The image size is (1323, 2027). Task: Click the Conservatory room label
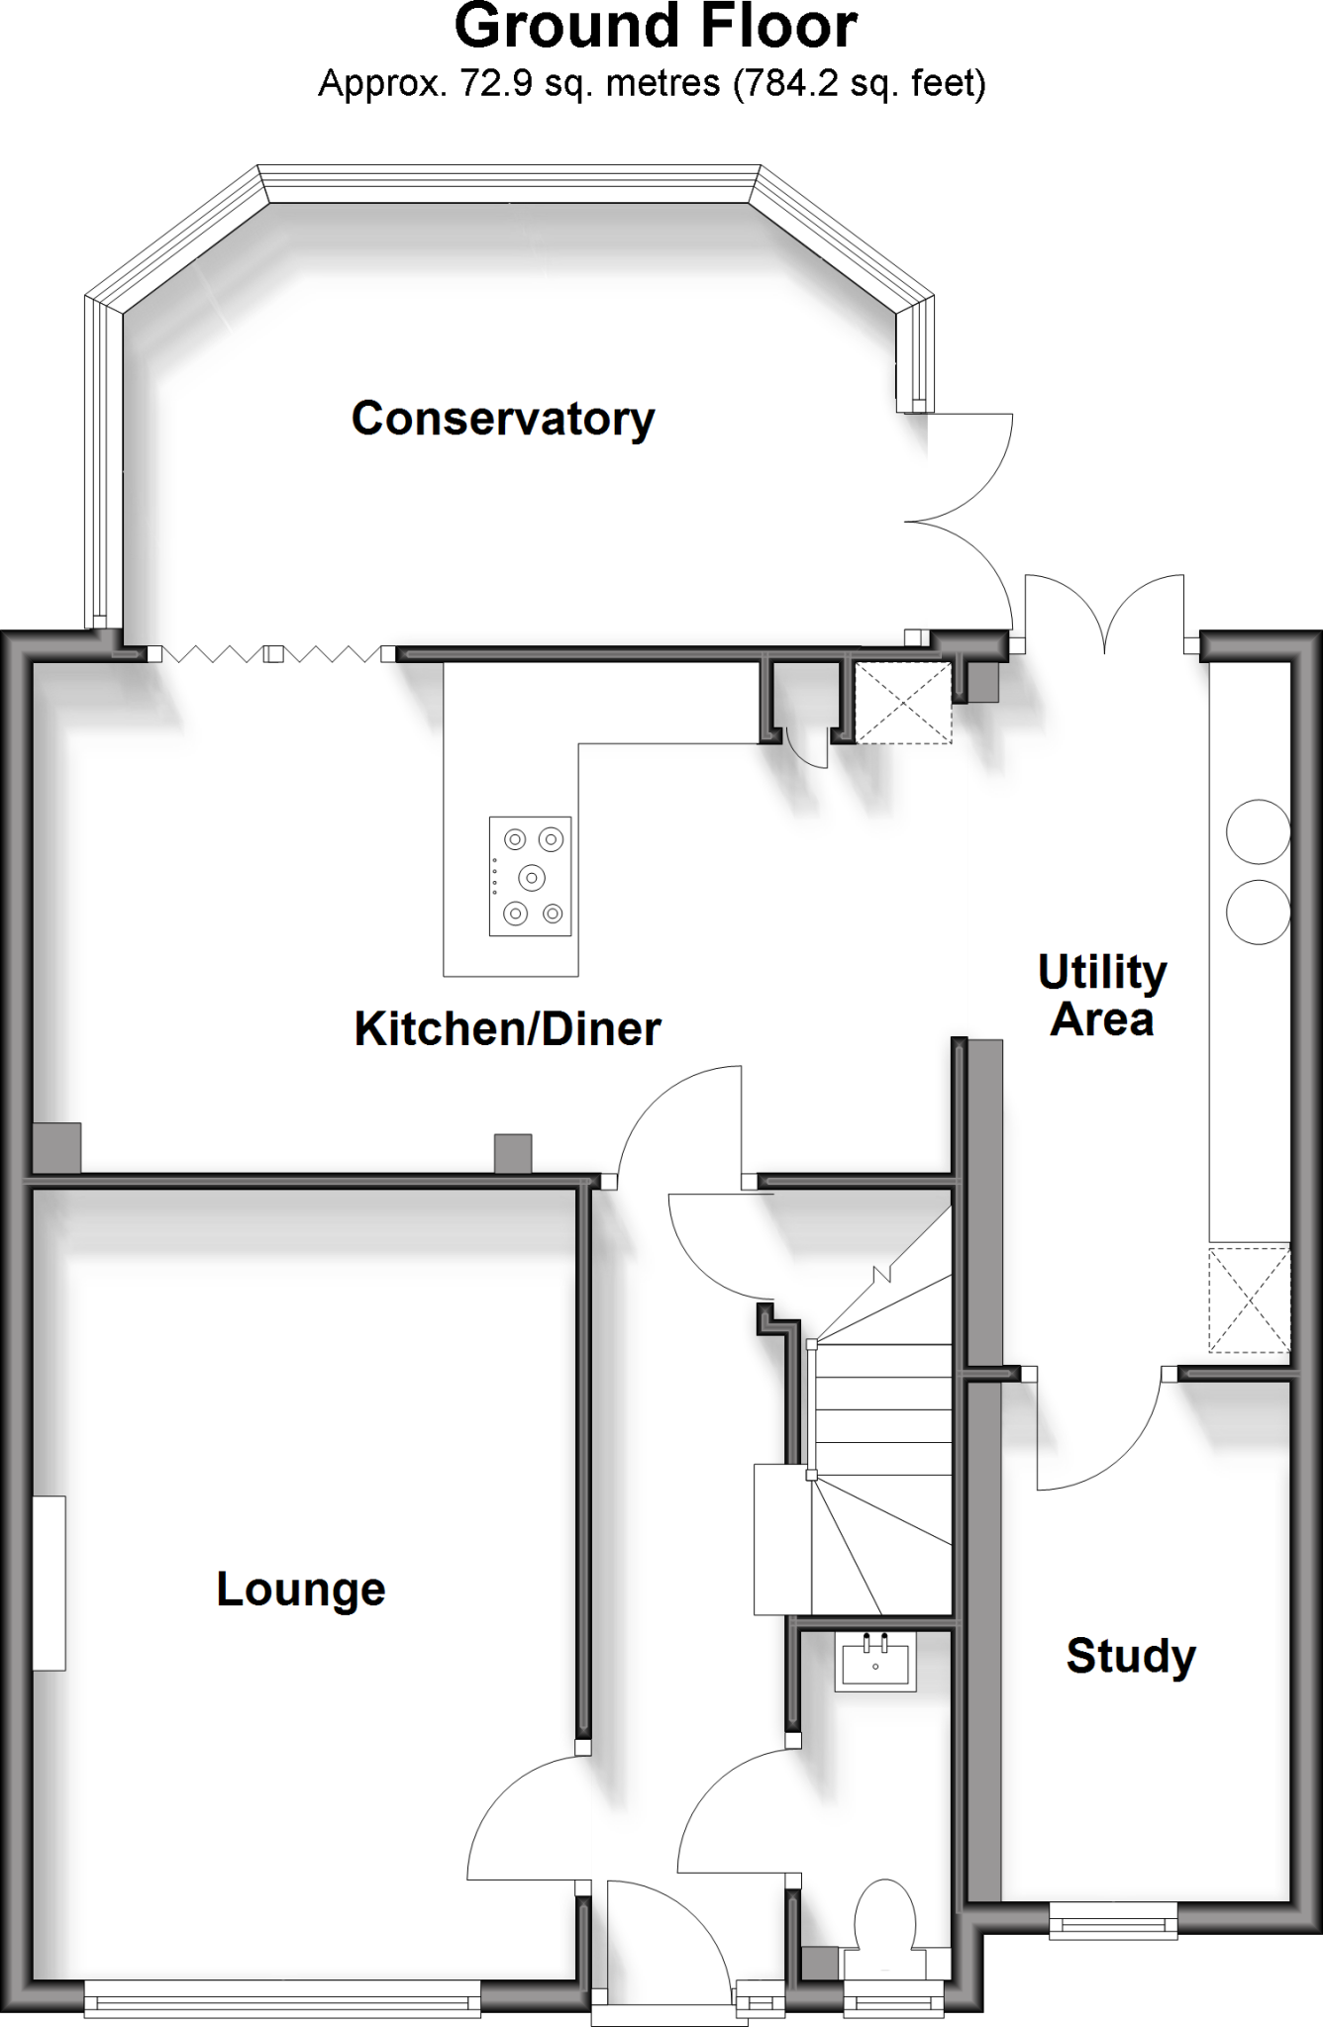503,419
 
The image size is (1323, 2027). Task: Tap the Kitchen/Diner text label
507,1029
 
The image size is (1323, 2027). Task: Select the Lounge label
301,1590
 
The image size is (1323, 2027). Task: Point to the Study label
1131,1656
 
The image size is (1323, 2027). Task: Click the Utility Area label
1102,996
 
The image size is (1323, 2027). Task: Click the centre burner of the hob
532,877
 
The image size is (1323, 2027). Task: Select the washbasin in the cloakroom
875,1663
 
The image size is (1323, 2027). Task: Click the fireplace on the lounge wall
49,1584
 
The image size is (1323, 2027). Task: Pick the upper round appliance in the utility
1258,832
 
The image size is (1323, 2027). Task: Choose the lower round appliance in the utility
1258,911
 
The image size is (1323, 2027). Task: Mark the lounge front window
282,2000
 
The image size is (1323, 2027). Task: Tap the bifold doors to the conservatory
272,654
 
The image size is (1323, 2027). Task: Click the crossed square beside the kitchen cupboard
902,703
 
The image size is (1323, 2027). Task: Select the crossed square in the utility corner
1249,1300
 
